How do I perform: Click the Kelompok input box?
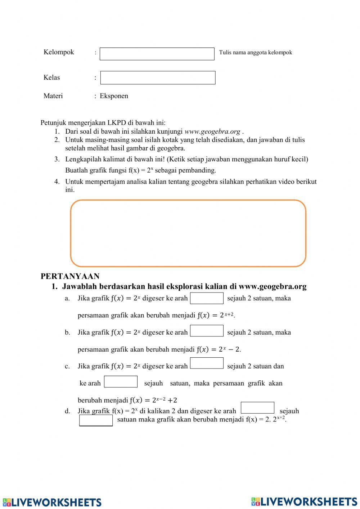point(157,54)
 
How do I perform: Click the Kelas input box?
point(158,78)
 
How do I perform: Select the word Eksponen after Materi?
point(114,96)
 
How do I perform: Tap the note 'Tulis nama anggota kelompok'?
point(255,53)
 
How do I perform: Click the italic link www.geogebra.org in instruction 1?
point(212,131)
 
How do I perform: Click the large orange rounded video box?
point(188,233)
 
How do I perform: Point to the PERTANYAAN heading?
point(70,276)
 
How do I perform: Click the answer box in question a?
point(207,298)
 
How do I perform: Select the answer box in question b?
point(207,331)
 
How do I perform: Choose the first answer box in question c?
point(207,363)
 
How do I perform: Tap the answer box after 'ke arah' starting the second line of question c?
point(121,382)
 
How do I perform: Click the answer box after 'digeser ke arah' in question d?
point(257,408)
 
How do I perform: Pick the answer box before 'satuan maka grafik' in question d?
point(96,420)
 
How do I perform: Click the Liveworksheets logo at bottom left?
point(52,502)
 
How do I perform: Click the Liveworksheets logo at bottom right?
point(304,501)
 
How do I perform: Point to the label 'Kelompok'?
point(59,52)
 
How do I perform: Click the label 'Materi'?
point(53,96)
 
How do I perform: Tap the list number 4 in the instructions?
point(57,182)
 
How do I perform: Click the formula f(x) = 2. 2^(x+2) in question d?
point(266,419)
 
